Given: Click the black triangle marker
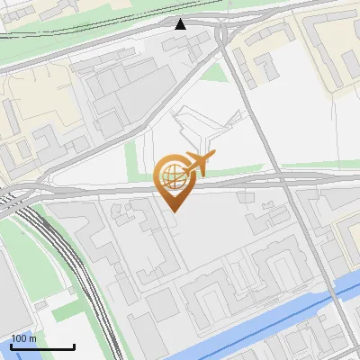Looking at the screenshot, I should pos(181,24).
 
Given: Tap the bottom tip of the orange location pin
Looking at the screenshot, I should pos(174,211).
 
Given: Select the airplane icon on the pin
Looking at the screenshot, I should pos(198,164).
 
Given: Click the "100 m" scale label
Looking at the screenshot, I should pos(24,338).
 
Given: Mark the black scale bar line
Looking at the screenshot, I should pos(41,346).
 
